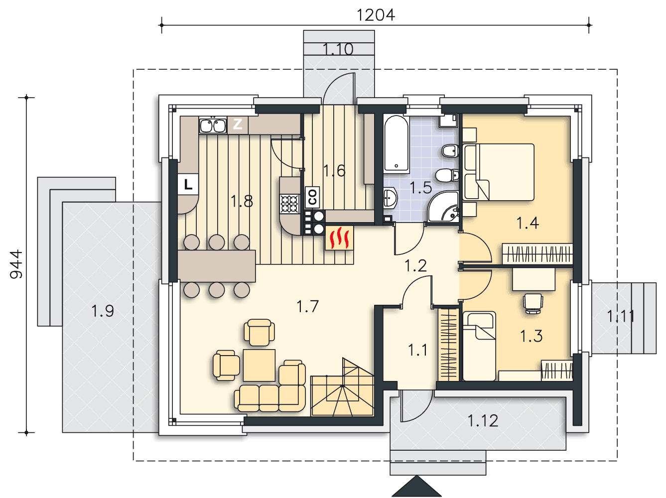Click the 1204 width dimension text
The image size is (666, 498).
tap(376, 15)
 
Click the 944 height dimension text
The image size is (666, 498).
tap(16, 264)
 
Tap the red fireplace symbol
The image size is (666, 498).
tap(339, 238)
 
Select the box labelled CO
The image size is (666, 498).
tap(312, 197)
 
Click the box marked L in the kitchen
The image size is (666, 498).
tap(188, 184)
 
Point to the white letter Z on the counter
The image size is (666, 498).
tap(237, 124)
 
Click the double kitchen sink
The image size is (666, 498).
tap(213, 125)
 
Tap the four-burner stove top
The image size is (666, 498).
tap(289, 204)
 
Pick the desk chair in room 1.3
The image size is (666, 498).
tap(533, 303)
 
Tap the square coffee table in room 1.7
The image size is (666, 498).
tap(259, 366)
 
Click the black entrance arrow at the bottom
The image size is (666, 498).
tap(416, 486)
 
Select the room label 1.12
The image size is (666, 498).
tap(483, 421)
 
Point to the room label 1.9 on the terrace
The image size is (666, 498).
tap(103, 311)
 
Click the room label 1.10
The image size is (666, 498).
tap(338, 49)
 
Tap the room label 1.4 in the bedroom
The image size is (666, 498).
tap(528, 223)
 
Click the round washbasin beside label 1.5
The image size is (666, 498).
tap(390, 198)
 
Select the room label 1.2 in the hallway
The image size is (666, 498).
tap(415, 265)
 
